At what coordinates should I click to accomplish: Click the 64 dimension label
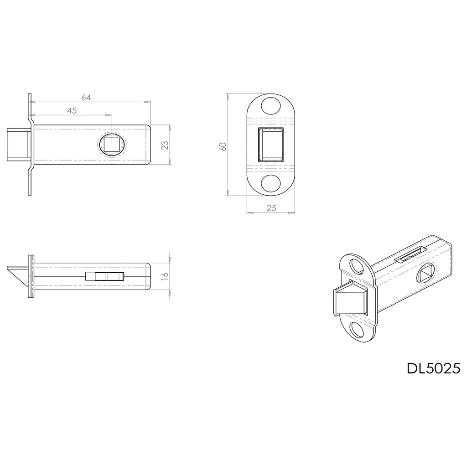[86, 98]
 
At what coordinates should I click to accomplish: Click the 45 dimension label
[72, 111]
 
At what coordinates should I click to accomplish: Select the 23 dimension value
[165, 145]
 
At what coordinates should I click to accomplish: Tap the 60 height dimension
[223, 146]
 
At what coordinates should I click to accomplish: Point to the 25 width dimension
[271, 208]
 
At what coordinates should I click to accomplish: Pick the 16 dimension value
[165, 276]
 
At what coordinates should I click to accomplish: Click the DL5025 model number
[433, 368]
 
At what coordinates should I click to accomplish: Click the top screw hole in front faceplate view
[271, 105]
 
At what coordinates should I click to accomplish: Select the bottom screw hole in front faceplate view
[271, 184]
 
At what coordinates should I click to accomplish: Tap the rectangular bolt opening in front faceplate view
[271, 145]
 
